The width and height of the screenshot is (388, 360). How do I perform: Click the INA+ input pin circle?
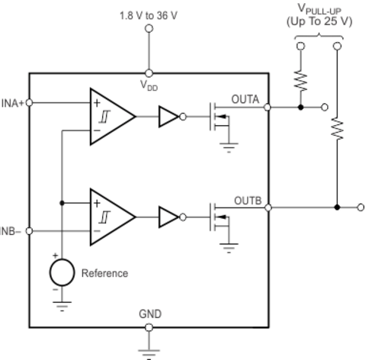pyautogui.click(x=29, y=103)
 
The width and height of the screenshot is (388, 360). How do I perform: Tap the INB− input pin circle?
pyautogui.click(x=29, y=231)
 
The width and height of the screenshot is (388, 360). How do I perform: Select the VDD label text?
pyautogui.click(x=149, y=85)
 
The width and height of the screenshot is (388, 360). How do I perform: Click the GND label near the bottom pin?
pyautogui.click(x=150, y=314)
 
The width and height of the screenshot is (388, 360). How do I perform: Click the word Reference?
pyautogui.click(x=104, y=273)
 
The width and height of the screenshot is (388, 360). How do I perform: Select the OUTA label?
pyautogui.click(x=245, y=99)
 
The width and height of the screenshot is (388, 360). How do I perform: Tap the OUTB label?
pyautogui.click(x=248, y=201)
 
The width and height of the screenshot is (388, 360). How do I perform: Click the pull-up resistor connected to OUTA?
pyautogui.click(x=300, y=81)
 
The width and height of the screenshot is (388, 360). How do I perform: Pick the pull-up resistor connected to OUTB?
pyautogui.click(x=337, y=129)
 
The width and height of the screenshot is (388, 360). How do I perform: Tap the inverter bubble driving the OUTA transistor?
pyautogui.click(x=183, y=117)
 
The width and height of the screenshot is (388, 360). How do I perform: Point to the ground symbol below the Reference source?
pyautogui.click(x=62, y=306)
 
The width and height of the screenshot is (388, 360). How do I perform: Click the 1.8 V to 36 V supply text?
pyautogui.click(x=149, y=16)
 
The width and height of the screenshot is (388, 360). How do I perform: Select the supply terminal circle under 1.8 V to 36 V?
pyautogui.click(x=149, y=28)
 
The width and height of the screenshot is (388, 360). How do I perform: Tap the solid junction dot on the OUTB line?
pyautogui.click(x=337, y=207)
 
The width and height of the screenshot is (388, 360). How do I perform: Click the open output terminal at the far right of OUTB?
pyautogui.click(x=361, y=207)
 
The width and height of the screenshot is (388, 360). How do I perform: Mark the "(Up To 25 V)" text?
pyautogui.click(x=319, y=21)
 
